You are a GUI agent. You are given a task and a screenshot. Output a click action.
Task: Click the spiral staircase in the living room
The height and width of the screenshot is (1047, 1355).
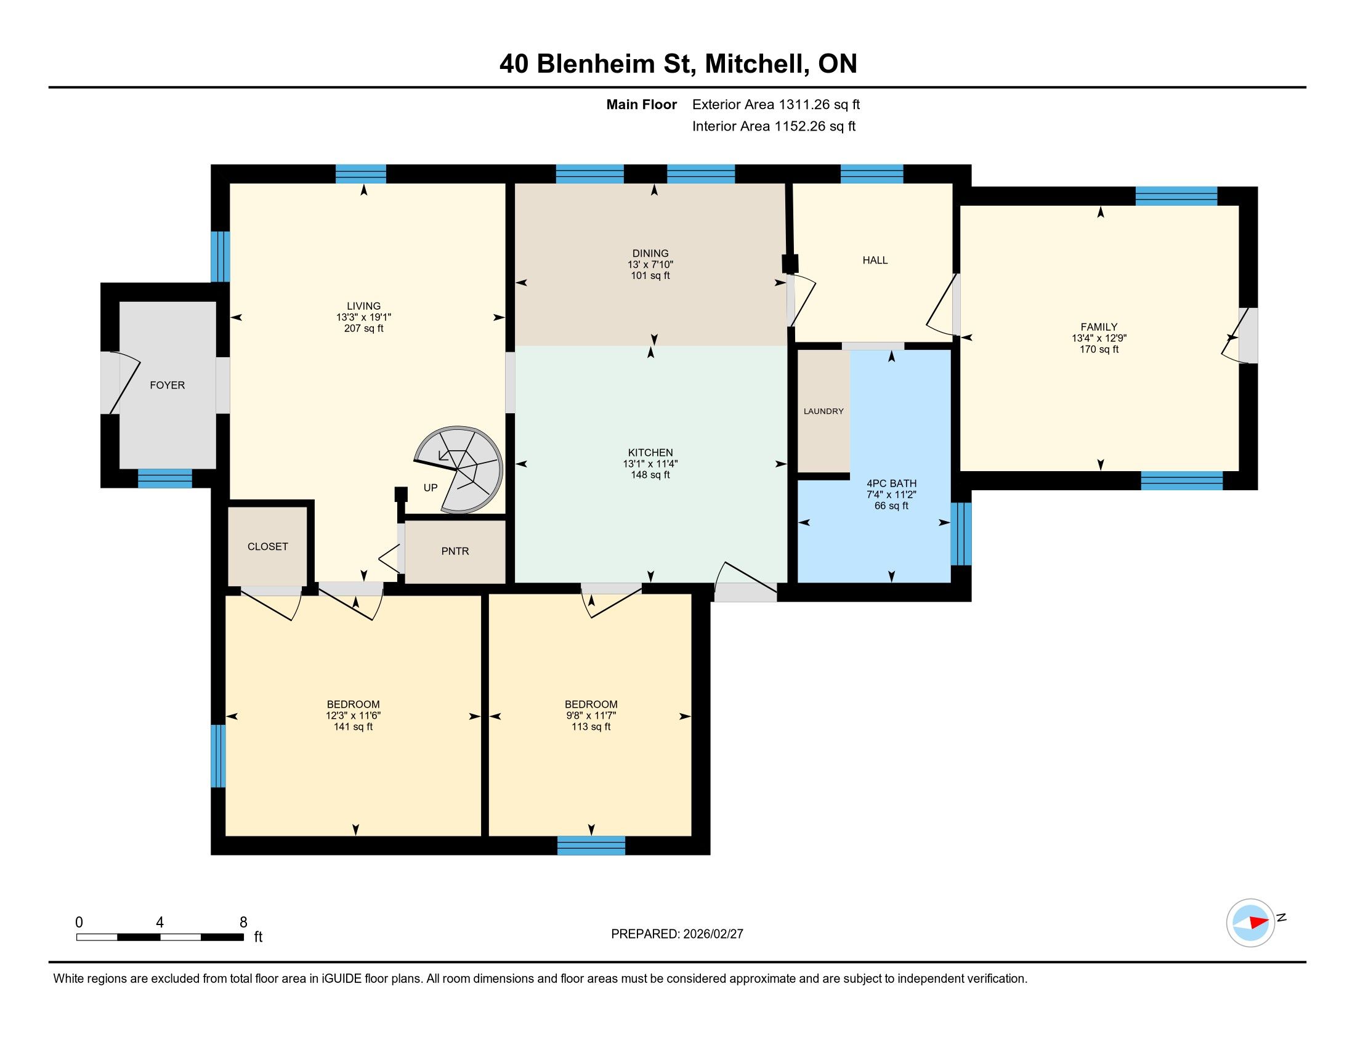[458, 469]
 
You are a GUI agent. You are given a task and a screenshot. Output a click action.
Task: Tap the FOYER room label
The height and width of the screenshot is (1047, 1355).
[168, 385]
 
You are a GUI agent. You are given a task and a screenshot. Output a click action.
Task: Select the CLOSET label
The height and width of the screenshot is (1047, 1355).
[268, 546]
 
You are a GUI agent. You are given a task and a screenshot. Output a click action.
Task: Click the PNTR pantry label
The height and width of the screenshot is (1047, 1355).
[455, 551]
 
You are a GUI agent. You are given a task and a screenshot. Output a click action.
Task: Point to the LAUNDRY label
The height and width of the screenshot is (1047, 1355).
[823, 411]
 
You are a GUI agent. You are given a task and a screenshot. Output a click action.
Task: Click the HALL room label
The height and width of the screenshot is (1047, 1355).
[875, 261]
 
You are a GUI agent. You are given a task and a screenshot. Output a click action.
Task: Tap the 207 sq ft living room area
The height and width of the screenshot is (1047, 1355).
[363, 328]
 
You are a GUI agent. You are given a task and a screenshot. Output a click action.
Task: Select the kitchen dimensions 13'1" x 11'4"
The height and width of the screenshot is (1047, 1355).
[650, 463]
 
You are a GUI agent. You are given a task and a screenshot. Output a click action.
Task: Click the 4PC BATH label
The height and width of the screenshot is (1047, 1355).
[892, 483]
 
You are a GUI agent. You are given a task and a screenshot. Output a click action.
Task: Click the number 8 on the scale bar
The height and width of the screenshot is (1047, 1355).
[243, 923]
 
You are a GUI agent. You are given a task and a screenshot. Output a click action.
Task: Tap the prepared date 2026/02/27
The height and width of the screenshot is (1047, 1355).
[713, 934]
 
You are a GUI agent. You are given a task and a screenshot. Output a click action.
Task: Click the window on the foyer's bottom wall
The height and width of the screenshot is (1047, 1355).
[165, 478]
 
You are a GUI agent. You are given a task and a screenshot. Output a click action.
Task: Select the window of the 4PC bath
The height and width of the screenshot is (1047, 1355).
[961, 534]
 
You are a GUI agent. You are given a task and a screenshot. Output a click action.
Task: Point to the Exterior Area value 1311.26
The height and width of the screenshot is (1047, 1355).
[804, 105]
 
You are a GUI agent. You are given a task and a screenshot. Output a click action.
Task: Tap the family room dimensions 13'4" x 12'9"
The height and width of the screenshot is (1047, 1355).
[1099, 338]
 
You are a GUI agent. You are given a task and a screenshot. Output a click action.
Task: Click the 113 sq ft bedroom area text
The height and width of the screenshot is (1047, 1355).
[591, 726]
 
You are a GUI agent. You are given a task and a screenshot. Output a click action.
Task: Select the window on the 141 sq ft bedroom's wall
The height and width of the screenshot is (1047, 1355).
[218, 756]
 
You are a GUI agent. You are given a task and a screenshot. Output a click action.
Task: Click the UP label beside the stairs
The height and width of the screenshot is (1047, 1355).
[431, 488]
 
